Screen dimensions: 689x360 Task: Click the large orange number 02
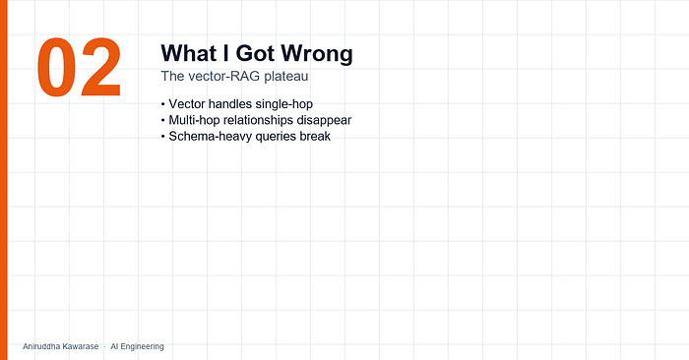(x=79, y=67)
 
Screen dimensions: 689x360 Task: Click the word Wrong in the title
(x=317, y=53)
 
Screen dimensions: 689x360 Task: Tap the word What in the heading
(x=189, y=53)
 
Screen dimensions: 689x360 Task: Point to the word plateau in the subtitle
(x=286, y=77)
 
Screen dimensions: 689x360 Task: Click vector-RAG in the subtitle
(x=224, y=76)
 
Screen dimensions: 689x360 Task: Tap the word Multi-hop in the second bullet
(x=194, y=120)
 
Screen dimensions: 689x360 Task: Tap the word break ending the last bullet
(x=315, y=136)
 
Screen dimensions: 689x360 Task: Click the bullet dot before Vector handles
(x=163, y=104)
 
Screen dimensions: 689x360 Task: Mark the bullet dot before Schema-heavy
(x=163, y=137)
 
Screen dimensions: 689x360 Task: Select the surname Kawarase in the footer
(x=81, y=346)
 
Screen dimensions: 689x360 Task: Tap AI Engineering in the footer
(x=137, y=346)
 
